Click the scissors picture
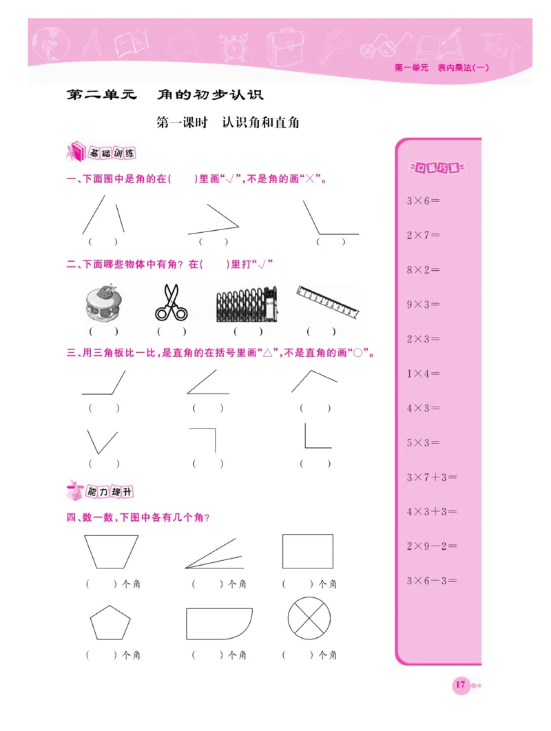click(171, 302)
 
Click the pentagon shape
click(110, 623)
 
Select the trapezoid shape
click(111, 551)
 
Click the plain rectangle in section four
click(307, 551)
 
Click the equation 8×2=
click(423, 269)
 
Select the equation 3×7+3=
click(432, 477)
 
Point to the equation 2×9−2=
click(432, 546)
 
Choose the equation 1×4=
click(423, 373)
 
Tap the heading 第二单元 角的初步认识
click(165, 94)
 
